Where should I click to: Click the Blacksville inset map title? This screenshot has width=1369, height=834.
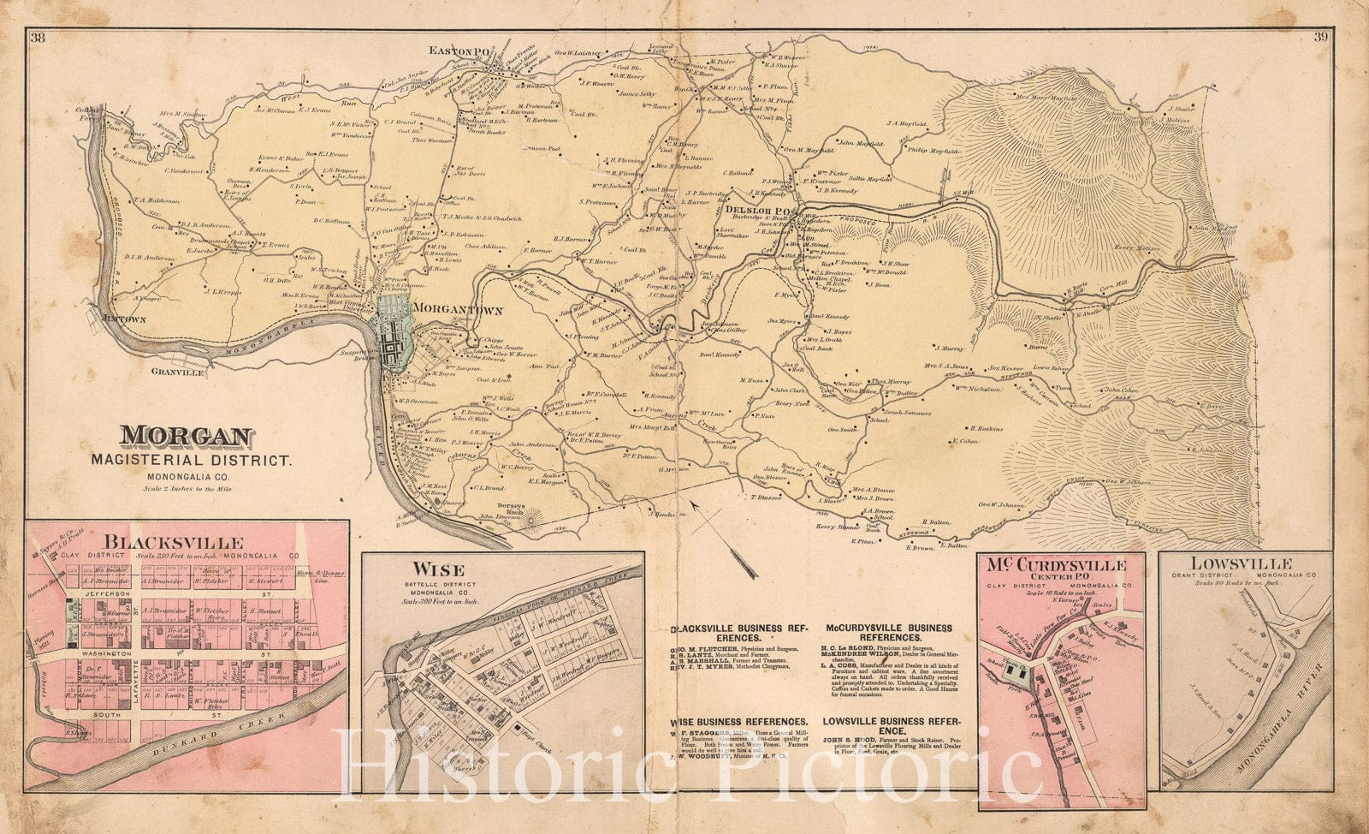pos(174,542)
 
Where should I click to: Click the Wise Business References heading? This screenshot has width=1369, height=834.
pos(740,722)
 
